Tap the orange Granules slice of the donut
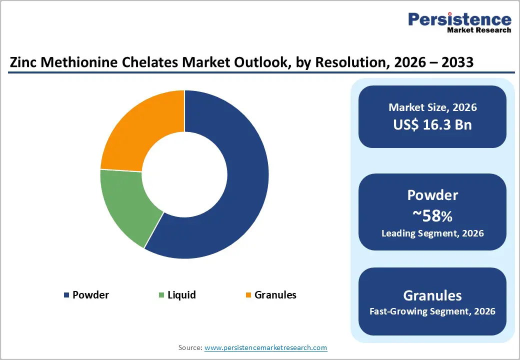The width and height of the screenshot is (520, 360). click(x=140, y=130)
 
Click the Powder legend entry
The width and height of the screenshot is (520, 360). click(x=90, y=295)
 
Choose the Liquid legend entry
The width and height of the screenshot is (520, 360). click(x=181, y=295)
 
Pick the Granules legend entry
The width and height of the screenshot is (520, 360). click(x=275, y=295)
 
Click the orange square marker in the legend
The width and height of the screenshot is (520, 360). click(x=248, y=295)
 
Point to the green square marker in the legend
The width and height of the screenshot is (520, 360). click(x=161, y=295)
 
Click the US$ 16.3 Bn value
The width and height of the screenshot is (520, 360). click(x=432, y=124)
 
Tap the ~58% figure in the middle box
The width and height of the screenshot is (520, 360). click(x=432, y=216)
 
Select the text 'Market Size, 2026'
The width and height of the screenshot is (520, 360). click(x=432, y=107)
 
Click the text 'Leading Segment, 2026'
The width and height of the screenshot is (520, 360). click(x=432, y=233)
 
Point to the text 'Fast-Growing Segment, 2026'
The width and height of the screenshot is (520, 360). click(x=432, y=311)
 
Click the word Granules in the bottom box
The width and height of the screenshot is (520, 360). click(x=432, y=295)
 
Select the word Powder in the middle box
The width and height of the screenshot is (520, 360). click(x=432, y=195)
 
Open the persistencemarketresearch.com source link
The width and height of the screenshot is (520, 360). click(x=265, y=347)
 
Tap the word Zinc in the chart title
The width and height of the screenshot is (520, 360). click(x=23, y=63)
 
